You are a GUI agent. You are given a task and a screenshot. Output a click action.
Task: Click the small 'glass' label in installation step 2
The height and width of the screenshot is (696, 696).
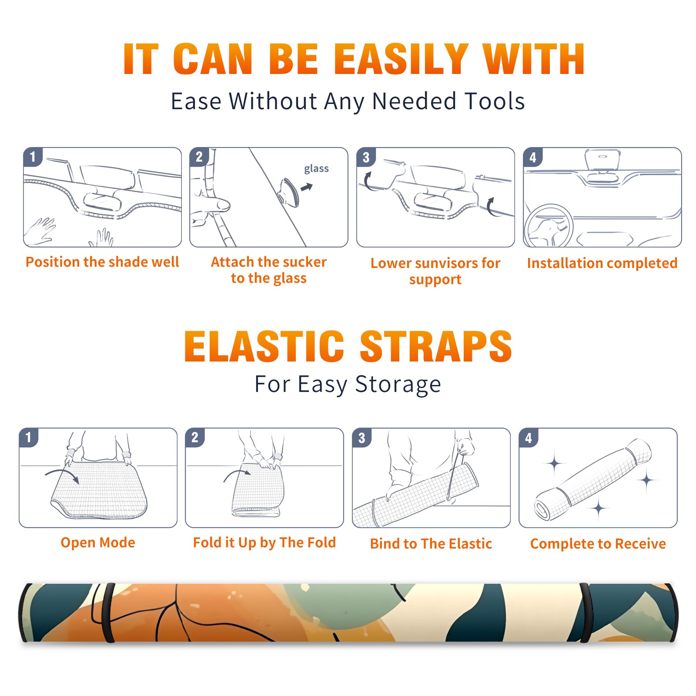click(316, 169)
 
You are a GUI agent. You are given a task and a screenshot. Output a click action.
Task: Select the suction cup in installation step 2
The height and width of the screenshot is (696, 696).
click(289, 191)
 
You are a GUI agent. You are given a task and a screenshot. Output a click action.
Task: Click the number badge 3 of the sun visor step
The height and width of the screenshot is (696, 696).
click(366, 157)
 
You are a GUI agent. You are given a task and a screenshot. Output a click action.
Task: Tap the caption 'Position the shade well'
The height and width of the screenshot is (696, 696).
click(102, 262)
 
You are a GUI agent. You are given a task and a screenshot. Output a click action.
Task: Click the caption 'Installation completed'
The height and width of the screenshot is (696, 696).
click(602, 263)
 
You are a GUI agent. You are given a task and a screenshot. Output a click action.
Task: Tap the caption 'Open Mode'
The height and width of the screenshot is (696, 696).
click(98, 542)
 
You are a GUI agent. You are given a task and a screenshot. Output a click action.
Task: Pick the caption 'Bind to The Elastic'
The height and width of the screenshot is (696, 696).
click(431, 544)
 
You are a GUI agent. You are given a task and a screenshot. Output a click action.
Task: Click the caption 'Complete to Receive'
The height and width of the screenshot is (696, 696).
click(598, 544)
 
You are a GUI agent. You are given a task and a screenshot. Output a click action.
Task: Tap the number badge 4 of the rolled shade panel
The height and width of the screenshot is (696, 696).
click(529, 438)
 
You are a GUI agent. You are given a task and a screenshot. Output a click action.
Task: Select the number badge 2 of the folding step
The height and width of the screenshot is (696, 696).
click(195, 437)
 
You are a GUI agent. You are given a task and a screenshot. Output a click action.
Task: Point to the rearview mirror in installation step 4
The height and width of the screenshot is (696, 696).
click(602, 160)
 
